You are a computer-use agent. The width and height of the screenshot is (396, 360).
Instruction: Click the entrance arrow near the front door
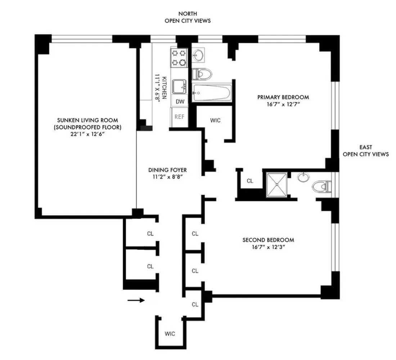[137, 300]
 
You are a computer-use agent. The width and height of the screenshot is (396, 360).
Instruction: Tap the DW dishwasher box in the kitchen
[180, 102]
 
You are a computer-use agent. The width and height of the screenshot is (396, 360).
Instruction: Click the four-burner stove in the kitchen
[179, 58]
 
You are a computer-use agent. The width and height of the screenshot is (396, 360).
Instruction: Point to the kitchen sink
[179, 86]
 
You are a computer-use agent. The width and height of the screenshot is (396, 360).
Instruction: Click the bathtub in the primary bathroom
[211, 93]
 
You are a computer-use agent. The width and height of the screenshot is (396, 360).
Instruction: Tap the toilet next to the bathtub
[202, 74]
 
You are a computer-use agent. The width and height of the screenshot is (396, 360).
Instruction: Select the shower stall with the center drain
[276, 185]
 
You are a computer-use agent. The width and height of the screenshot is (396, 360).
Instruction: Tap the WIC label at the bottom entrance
[170, 334]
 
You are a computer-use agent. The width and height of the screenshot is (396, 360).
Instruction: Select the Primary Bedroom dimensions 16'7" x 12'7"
[283, 104]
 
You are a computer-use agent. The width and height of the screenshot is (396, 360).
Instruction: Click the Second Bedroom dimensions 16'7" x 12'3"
[268, 247]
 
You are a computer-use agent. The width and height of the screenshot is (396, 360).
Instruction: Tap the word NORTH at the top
[187, 14]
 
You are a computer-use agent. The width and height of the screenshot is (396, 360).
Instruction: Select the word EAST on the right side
[365, 147]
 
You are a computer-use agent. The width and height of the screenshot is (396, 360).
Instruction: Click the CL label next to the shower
[250, 181]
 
